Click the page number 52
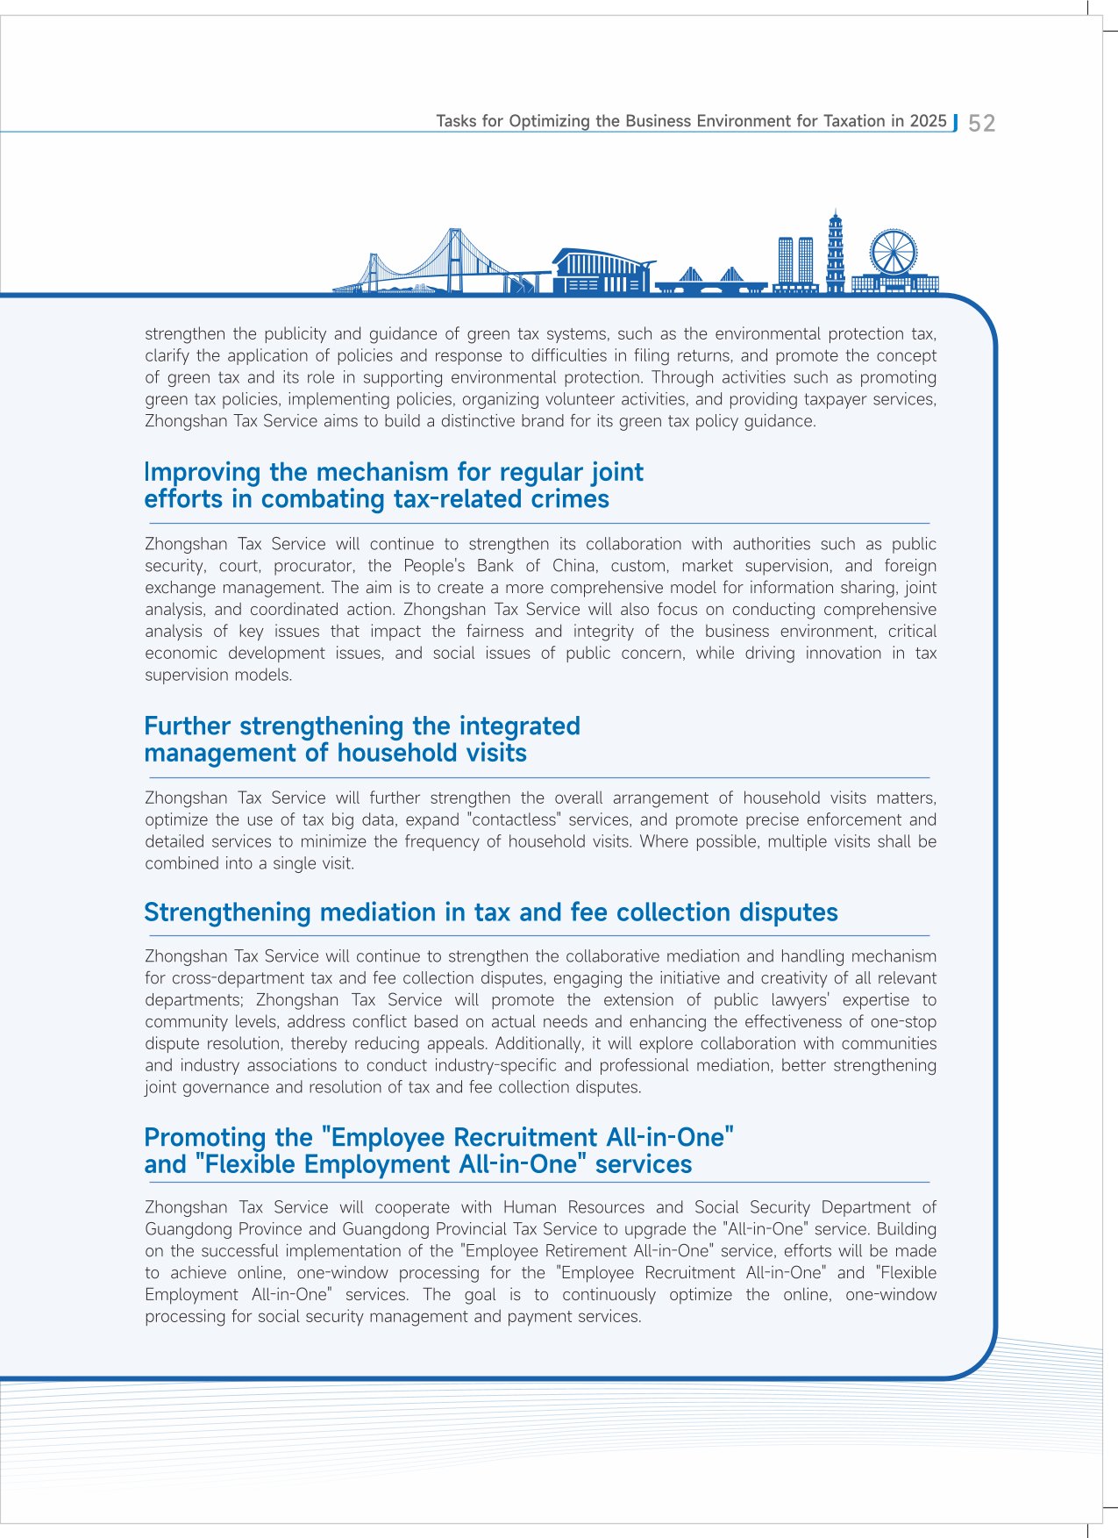point(981,123)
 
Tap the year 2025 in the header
point(928,121)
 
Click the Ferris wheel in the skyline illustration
point(893,252)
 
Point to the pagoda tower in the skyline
point(836,250)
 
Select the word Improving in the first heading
point(203,473)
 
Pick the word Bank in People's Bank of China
point(495,566)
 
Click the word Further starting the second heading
point(188,726)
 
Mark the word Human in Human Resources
point(530,1207)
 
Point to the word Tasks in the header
point(456,121)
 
